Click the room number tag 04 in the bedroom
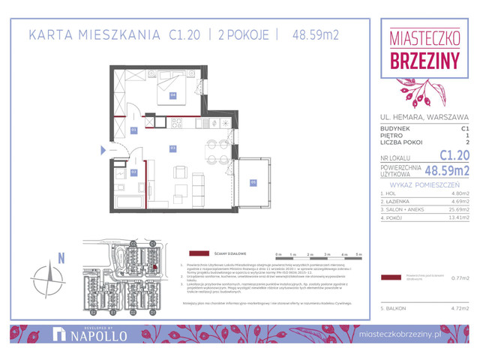coord(172,95)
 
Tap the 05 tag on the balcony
coord(253,181)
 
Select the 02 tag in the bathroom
coord(133,172)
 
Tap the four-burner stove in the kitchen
coord(177,122)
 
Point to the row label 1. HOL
coord(388,193)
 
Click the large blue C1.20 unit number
coord(454,155)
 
